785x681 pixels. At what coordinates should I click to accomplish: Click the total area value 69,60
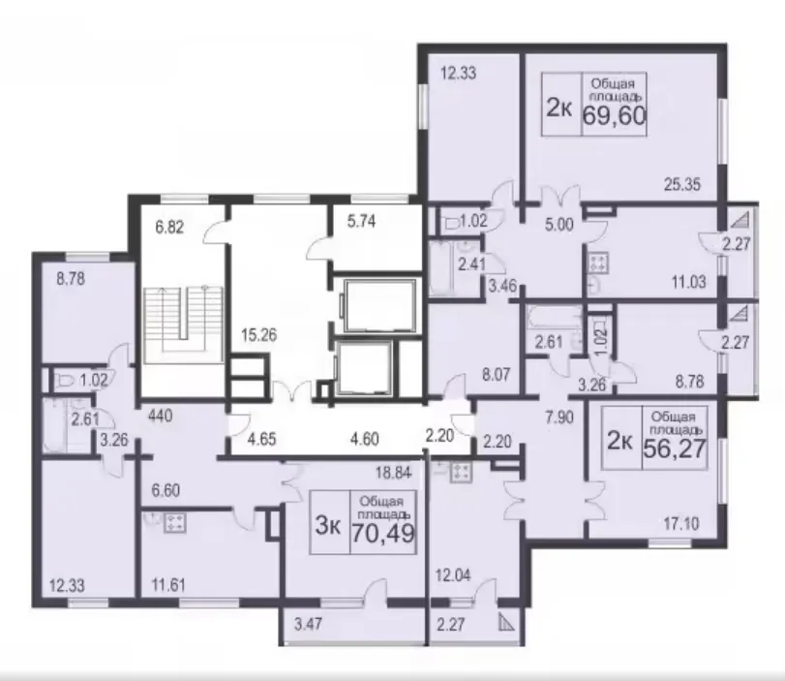pos(615,116)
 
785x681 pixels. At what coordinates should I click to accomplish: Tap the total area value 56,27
pos(675,448)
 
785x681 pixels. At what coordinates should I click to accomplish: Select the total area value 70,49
pos(383,533)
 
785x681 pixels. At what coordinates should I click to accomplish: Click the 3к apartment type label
pos(328,527)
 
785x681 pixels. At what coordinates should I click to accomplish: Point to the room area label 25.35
pos(682,184)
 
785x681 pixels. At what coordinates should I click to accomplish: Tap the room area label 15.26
pos(258,335)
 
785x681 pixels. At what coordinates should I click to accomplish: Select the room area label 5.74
pos(361,221)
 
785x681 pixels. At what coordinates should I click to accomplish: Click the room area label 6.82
pos(169,228)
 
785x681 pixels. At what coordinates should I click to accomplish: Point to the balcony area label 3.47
pos(309,625)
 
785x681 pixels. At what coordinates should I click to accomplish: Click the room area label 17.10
pos(681,524)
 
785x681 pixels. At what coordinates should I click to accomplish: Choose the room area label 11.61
pos(168,585)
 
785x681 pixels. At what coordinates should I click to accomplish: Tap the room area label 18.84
pos(394,472)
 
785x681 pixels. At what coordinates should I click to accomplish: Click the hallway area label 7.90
pos(559,417)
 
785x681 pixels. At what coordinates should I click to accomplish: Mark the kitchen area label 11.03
pos(688,282)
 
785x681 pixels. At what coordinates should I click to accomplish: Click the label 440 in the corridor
pos(161,416)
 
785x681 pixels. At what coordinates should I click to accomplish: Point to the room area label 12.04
pos(453,575)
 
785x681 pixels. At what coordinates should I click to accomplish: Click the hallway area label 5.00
pos(559,225)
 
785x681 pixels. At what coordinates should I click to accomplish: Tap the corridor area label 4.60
pos(364,439)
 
